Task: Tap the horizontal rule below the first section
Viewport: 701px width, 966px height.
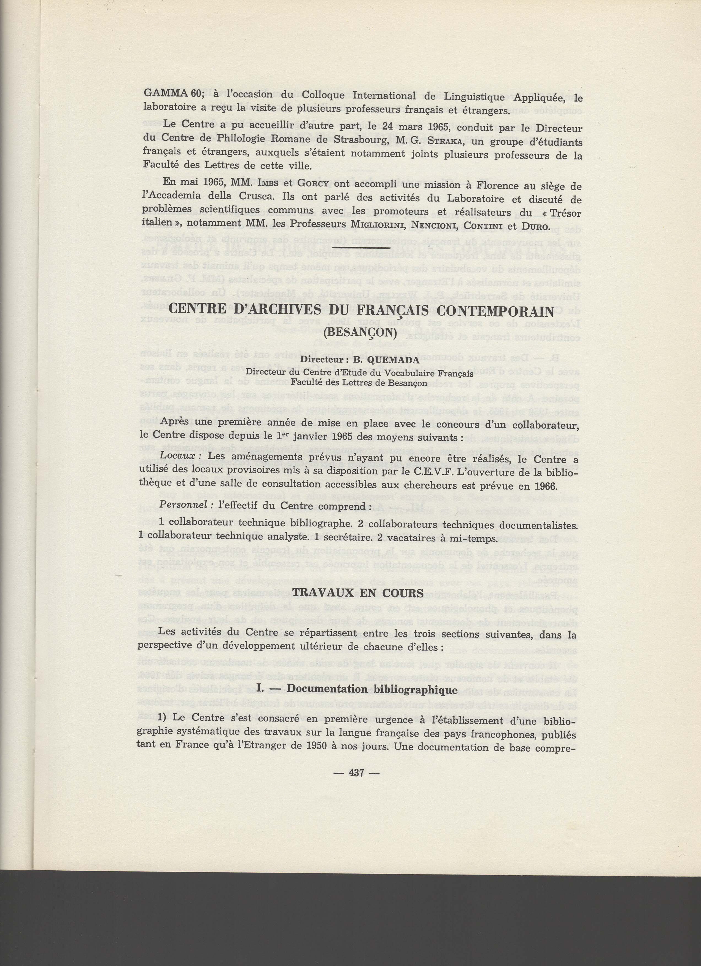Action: [x=361, y=248]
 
